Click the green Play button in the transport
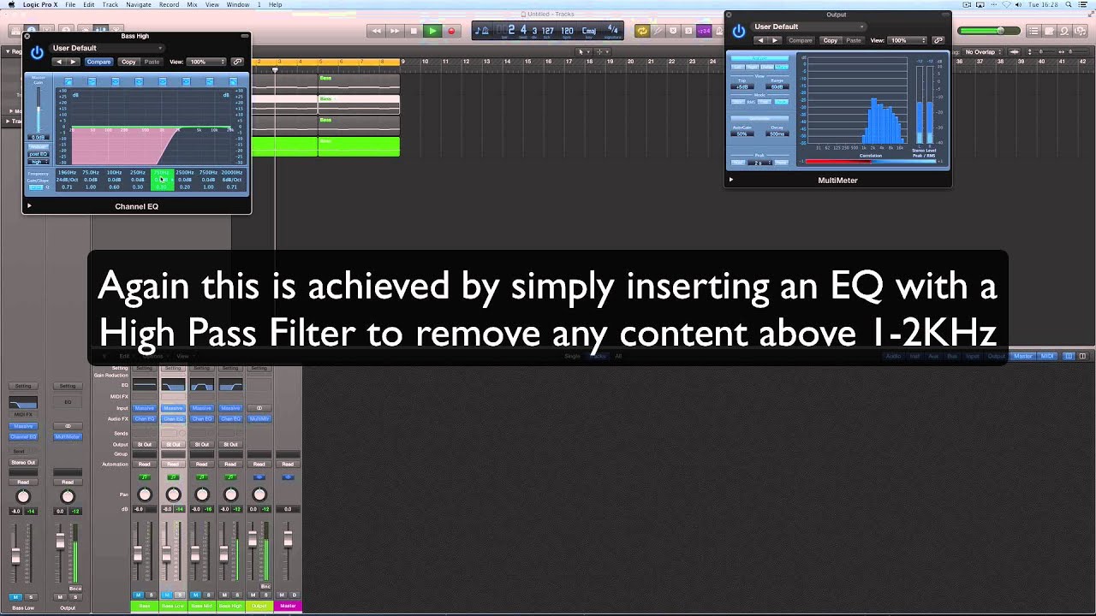coord(432,31)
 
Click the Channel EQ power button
coord(37,53)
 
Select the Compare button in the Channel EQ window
coord(98,62)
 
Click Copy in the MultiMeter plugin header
coord(830,40)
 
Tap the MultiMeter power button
coord(739,32)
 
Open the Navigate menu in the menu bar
coord(138,5)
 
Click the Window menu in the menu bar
coord(237,5)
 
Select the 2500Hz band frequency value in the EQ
coord(184,173)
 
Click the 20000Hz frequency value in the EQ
coord(231,173)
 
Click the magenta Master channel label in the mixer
coord(288,606)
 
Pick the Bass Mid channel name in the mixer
coord(201,606)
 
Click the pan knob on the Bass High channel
coord(230,495)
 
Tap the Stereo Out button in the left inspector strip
coord(23,463)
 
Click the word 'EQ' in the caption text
coord(856,287)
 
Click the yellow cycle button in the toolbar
coord(641,31)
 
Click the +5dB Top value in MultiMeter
coord(742,87)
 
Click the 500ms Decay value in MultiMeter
coord(777,134)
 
